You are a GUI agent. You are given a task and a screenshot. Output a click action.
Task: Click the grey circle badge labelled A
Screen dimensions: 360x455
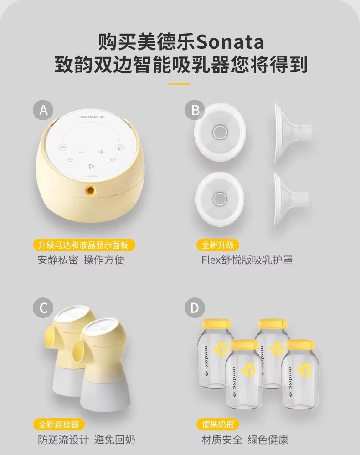coord(43,110)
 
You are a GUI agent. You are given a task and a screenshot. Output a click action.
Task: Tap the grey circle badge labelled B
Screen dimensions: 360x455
coord(195,110)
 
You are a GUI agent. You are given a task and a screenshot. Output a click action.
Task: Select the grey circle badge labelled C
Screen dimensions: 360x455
coord(43,307)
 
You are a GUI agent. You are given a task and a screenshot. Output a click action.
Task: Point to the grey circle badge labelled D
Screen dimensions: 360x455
coord(195,307)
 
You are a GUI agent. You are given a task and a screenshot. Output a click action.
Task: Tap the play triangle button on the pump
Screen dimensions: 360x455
coord(92,166)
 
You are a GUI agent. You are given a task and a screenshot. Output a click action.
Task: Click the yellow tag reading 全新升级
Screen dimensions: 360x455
coord(217,245)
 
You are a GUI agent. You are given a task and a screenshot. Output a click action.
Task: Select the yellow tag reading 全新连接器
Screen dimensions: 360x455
coord(59,424)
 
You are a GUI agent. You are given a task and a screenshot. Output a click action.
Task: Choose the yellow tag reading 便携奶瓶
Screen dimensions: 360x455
coord(218,424)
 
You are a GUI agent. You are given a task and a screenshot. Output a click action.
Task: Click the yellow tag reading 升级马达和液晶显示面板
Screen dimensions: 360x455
coord(83,245)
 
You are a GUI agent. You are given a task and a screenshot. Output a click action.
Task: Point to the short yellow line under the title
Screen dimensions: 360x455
coord(180,84)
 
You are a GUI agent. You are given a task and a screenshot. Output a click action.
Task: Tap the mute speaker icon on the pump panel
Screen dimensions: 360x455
coord(113,159)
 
